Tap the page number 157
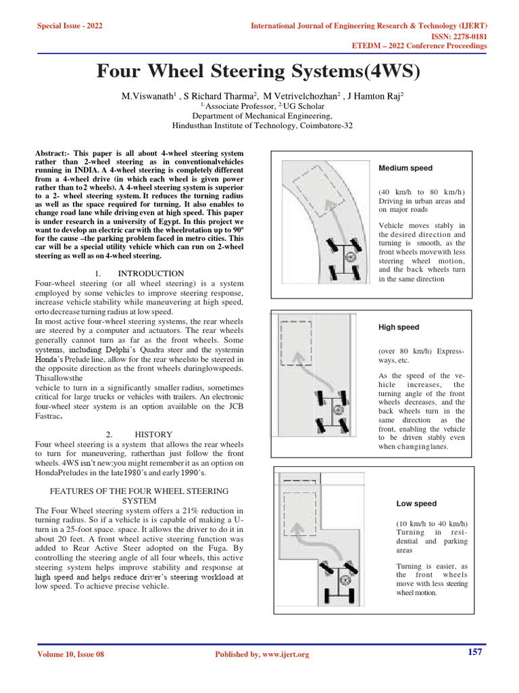coord(475,652)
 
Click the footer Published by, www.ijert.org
coord(262,654)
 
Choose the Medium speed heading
coord(405,168)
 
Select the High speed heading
coord(399,327)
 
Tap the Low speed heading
coord(416,504)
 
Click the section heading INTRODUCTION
coord(155,273)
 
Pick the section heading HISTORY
coord(153,434)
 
